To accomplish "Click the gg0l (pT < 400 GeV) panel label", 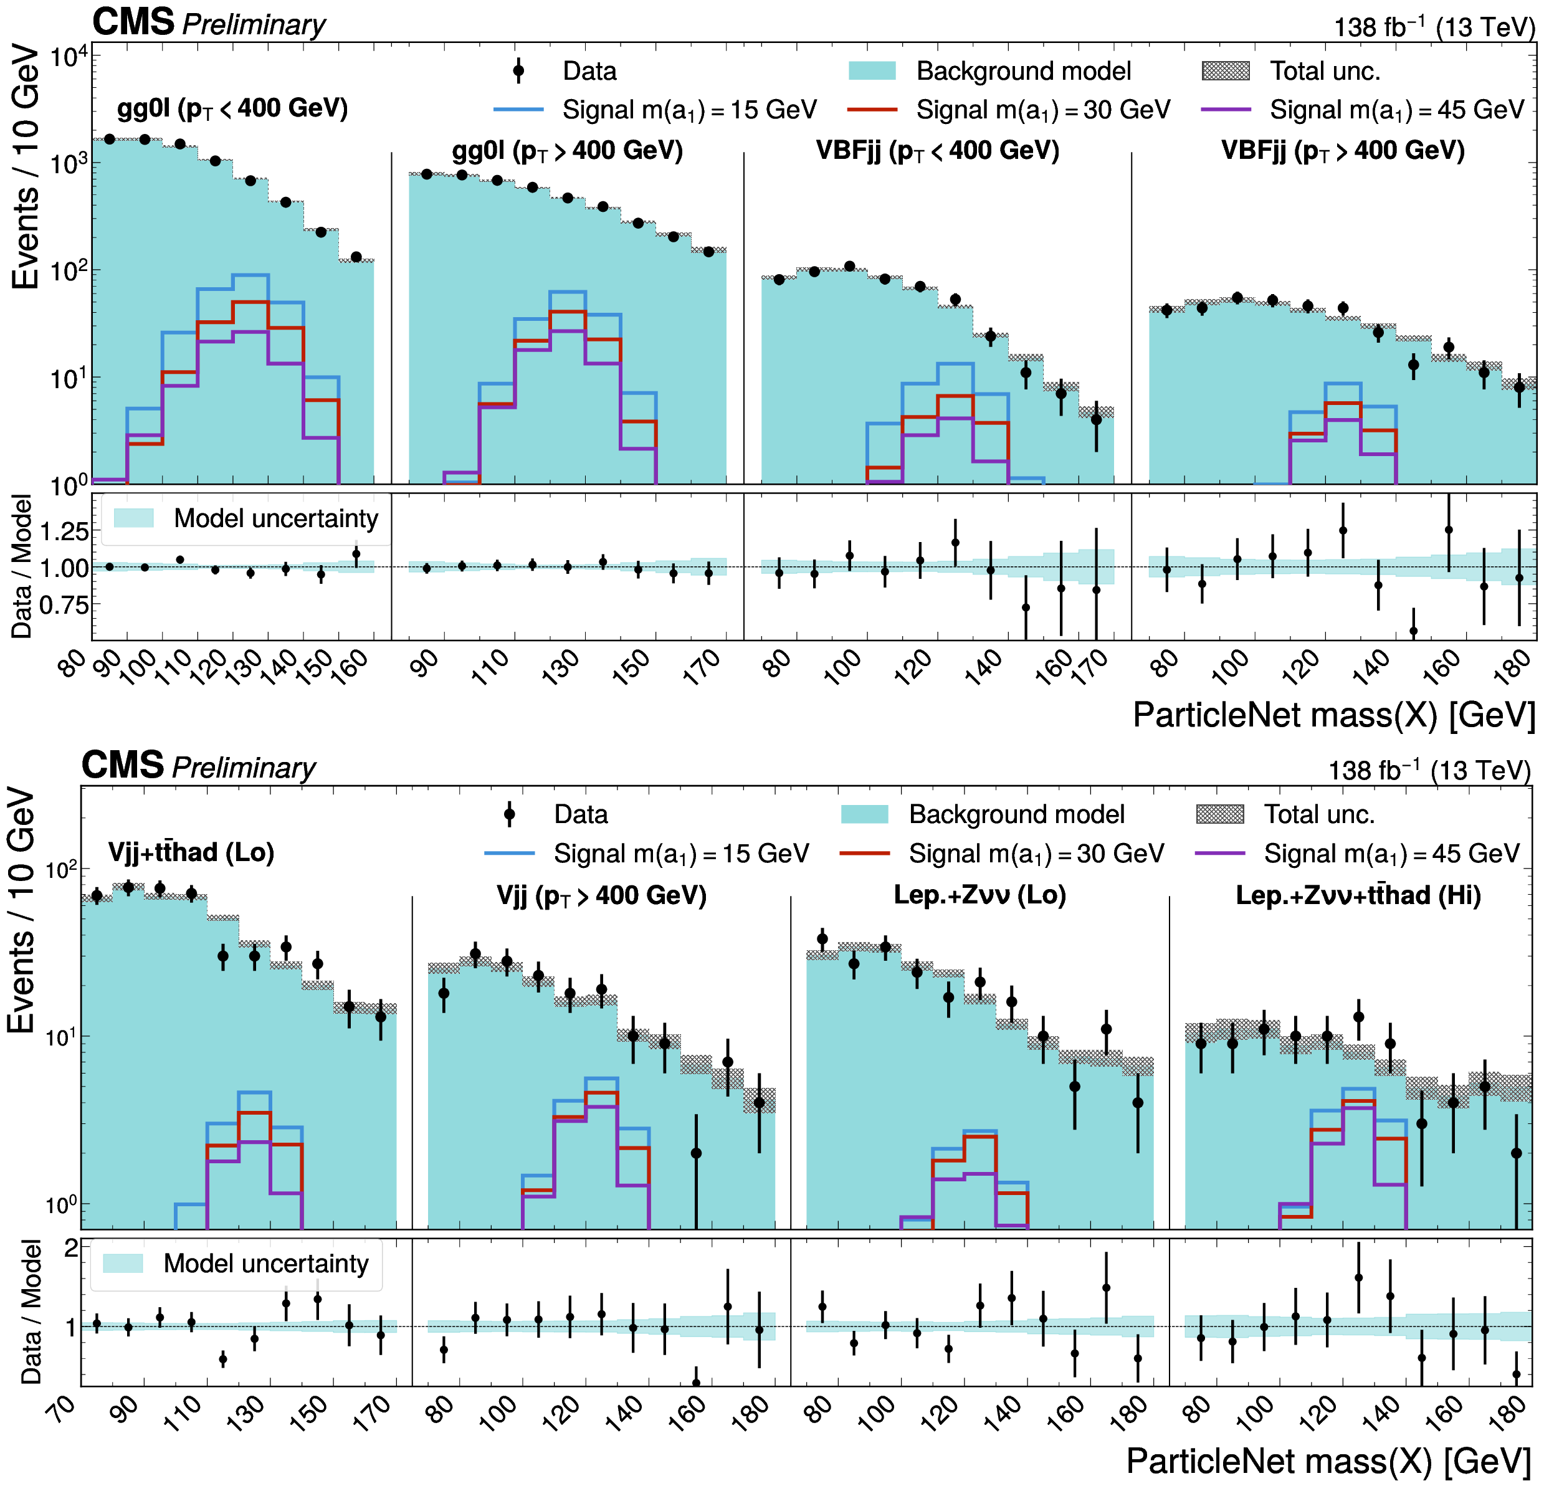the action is point(232,108).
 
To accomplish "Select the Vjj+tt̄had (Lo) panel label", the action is point(191,852).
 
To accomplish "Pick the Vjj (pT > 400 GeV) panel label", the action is point(601,895).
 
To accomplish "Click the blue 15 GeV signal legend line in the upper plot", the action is point(518,110).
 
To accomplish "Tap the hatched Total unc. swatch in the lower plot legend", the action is point(1220,814).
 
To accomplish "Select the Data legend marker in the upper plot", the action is point(518,71).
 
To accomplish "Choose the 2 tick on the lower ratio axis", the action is point(71,1247).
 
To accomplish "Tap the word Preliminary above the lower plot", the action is point(244,768).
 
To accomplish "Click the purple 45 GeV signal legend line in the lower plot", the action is point(1220,854).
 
